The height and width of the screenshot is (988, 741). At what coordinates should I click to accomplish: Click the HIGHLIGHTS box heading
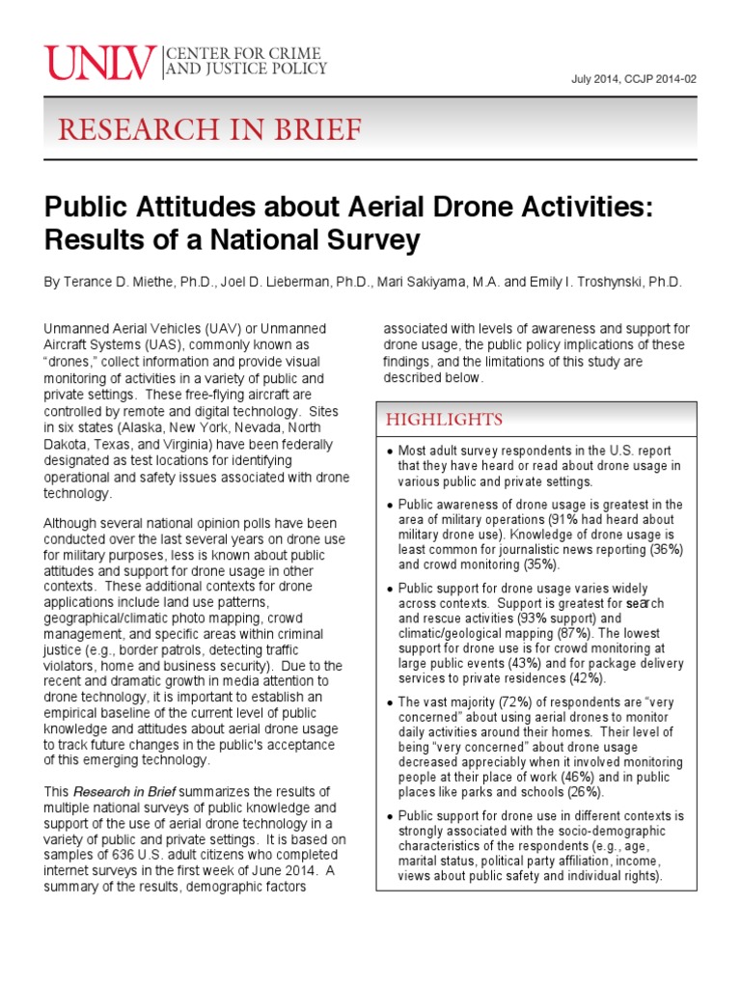coord(444,419)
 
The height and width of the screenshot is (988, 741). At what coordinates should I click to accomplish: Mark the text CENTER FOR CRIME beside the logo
coord(247,52)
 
